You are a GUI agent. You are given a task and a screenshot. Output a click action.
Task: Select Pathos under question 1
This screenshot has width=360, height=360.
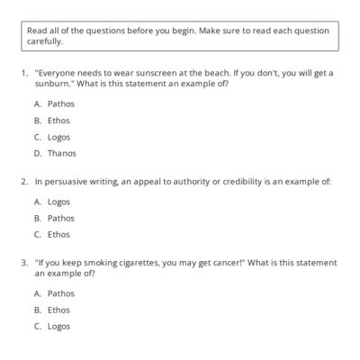tap(60, 103)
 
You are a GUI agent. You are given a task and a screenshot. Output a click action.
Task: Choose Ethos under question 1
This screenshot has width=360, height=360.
tap(58, 120)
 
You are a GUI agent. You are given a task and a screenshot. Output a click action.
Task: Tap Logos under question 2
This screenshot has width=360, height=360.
tap(59, 202)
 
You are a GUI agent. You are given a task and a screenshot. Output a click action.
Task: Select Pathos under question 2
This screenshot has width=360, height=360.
tap(60, 218)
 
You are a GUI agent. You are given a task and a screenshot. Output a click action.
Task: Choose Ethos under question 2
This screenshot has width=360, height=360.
tap(58, 234)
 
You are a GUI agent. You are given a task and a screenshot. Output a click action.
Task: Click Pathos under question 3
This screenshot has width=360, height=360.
tap(60, 293)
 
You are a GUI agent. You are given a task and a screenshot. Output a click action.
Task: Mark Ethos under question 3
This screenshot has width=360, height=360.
tap(58, 310)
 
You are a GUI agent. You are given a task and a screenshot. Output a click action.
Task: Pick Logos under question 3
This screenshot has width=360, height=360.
tap(59, 326)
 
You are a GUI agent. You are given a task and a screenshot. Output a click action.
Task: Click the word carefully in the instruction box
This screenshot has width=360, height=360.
tap(45, 40)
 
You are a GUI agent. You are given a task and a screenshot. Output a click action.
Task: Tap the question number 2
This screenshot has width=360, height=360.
tap(23, 181)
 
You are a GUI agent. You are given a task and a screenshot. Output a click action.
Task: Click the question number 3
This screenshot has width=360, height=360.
tap(23, 263)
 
